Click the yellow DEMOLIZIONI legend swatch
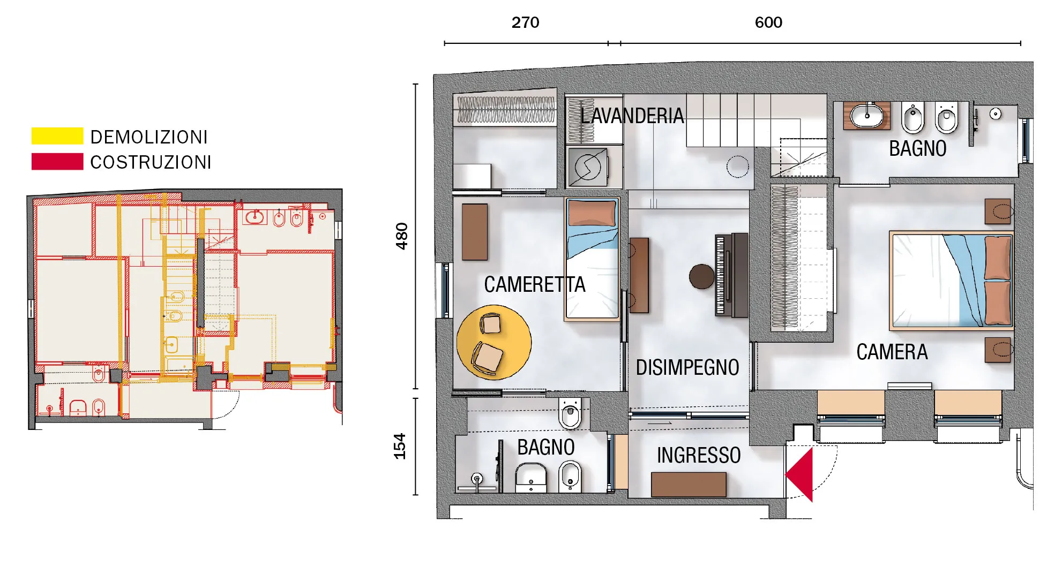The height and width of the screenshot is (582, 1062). pyautogui.click(x=57, y=136)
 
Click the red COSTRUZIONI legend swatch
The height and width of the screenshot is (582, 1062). pyautogui.click(x=57, y=162)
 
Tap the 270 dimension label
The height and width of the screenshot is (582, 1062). pyautogui.click(x=525, y=22)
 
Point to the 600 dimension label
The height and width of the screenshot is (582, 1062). pyautogui.click(x=768, y=22)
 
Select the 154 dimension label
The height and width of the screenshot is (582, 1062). pyautogui.click(x=400, y=446)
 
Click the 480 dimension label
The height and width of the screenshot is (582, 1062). pyautogui.click(x=401, y=236)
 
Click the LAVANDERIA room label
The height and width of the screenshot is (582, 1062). pyautogui.click(x=632, y=116)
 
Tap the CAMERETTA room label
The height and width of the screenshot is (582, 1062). pyautogui.click(x=535, y=284)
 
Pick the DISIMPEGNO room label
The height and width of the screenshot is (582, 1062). pyautogui.click(x=687, y=367)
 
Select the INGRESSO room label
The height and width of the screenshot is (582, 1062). pyautogui.click(x=699, y=455)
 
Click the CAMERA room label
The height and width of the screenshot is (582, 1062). pyautogui.click(x=892, y=352)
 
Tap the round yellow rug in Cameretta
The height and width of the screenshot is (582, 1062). pyautogui.click(x=494, y=343)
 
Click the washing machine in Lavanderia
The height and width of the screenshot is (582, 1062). pyautogui.click(x=588, y=167)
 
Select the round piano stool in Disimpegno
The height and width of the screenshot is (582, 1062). pyautogui.click(x=702, y=277)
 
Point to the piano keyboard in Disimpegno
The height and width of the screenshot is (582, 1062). pyautogui.click(x=720, y=275)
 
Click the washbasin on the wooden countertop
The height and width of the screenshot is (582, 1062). pyautogui.click(x=867, y=116)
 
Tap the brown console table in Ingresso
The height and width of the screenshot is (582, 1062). pyautogui.click(x=689, y=485)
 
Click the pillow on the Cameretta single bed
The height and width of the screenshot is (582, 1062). pyautogui.click(x=592, y=213)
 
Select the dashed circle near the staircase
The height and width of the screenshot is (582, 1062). pyautogui.click(x=738, y=167)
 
